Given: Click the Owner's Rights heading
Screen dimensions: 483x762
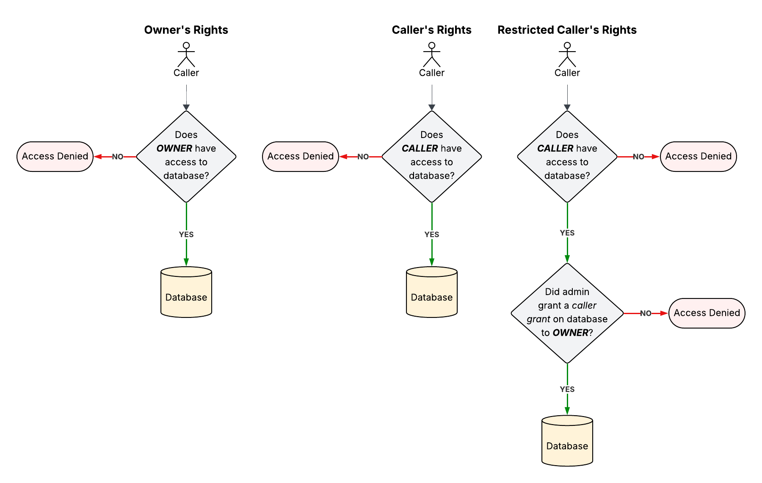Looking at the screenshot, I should click(x=186, y=30).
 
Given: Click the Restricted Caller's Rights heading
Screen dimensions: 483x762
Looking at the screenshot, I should click(x=567, y=30).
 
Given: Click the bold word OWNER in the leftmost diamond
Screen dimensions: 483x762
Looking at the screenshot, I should click(x=174, y=149).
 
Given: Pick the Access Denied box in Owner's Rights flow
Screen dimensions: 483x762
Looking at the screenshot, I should click(x=55, y=157).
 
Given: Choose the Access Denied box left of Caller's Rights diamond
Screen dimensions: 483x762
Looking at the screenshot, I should click(x=301, y=157).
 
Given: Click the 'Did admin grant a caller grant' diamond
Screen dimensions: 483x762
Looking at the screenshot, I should click(x=567, y=313).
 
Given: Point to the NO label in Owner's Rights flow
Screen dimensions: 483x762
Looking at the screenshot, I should click(x=118, y=157).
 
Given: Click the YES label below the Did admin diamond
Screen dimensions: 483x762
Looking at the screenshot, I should click(x=567, y=389).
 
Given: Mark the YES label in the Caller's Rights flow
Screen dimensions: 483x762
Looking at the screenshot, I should click(x=432, y=235).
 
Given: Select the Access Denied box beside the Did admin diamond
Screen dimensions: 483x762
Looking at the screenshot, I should click(x=707, y=313).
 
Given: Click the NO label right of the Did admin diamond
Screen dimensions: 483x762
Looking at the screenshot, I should click(x=646, y=313).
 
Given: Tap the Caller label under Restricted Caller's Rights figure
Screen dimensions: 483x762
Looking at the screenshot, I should click(x=567, y=73).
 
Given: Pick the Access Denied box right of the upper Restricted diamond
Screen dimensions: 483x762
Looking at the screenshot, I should click(x=698, y=157).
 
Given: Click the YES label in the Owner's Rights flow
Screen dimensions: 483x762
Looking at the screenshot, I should click(x=186, y=235).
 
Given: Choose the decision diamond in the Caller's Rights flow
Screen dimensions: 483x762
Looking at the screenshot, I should click(x=432, y=157).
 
